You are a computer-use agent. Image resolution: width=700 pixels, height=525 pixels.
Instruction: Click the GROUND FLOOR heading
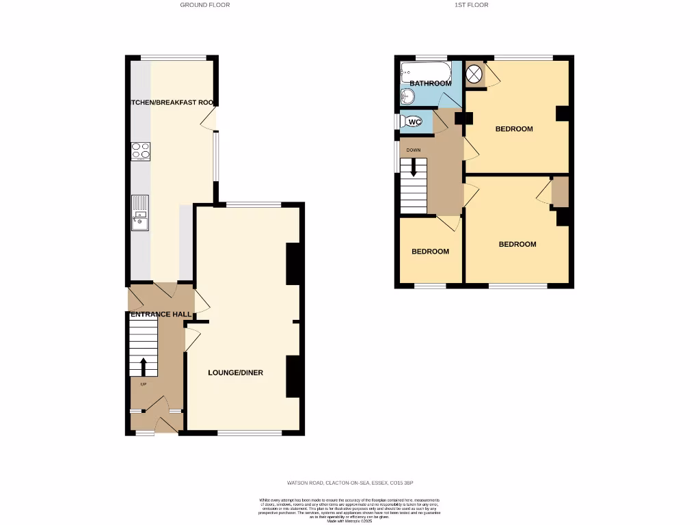pyautogui.click(x=205, y=5)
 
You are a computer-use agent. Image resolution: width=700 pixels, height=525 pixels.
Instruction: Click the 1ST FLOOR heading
pyautogui.click(x=472, y=5)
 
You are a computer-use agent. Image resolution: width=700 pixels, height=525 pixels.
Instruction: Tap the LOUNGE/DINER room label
pyautogui.click(x=236, y=373)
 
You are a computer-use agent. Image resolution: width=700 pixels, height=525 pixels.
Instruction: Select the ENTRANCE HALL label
pyautogui.click(x=161, y=314)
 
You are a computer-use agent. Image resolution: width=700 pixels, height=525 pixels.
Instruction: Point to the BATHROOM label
pyautogui.click(x=431, y=83)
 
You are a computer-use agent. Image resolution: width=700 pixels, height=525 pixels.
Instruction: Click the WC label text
pyautogui.click(x=414, y=122)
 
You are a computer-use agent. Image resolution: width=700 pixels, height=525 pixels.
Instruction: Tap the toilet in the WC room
pyautogui.click(x=412, y=122)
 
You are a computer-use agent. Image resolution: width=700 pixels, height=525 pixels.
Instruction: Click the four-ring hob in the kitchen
pyautogui.click(x=141, y=150)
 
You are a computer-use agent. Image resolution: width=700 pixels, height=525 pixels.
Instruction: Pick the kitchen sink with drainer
pyautogui.click(x=140, y=213)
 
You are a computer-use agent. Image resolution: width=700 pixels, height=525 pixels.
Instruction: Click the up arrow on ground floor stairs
pyautogui.click(x=144, y=367)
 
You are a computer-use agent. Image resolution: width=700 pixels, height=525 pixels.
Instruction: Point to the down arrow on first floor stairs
pyautogui.click(x=413, y=168)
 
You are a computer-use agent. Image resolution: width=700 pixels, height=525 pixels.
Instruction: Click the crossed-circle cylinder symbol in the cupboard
pyautogui.click(x=474, y=73)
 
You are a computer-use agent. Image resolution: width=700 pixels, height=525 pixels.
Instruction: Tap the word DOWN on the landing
pyautogui.click(x=414, y=150)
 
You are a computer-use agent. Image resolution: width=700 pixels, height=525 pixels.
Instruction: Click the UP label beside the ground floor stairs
pyautogui.click(x=143, y=384)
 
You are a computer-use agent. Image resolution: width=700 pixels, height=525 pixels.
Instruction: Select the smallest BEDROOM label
pyautogui.click(x=430, y=252)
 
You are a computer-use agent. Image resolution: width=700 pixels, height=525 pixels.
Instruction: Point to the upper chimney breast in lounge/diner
pyautogui.click(x=294, y=264)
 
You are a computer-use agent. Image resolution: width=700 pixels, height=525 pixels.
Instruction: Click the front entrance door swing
pyautogui.click(x=165, y=425)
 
